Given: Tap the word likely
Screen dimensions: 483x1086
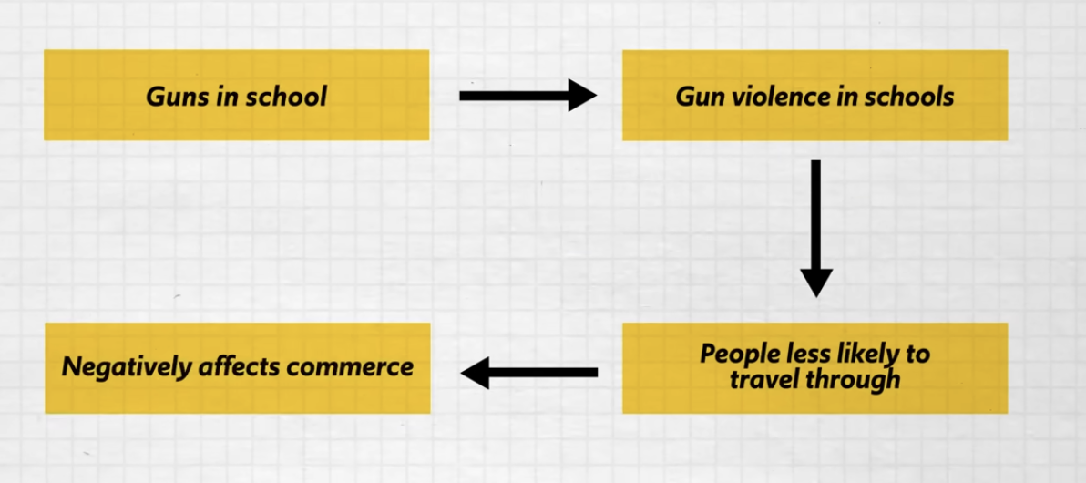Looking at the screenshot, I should pos(863,354).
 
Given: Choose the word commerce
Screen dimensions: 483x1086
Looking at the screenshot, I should pos(350,367).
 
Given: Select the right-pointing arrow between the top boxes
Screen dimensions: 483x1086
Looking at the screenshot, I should pos(527,95).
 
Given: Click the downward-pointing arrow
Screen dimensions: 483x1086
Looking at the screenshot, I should pos(816,228).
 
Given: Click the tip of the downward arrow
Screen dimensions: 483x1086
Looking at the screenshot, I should pos(816,294).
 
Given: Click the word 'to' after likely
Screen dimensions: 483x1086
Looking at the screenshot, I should pos(917,354).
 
